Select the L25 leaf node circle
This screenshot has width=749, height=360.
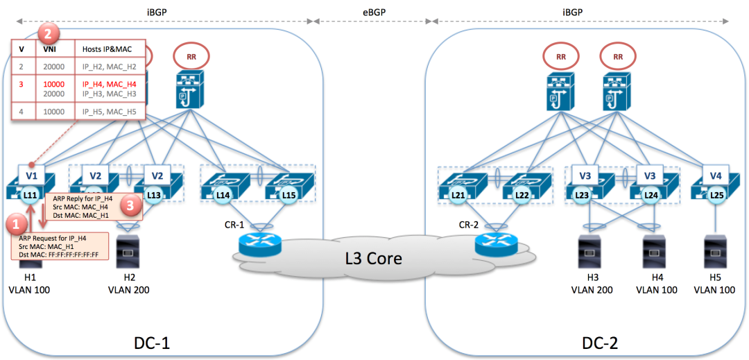pos(717,196)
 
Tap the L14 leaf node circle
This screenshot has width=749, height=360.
pos(223,196)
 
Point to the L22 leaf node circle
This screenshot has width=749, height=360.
pos(524,196)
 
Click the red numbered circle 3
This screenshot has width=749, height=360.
pos(129,204)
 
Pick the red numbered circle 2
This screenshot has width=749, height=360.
pos(47,33)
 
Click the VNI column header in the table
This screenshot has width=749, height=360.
pos(50,49)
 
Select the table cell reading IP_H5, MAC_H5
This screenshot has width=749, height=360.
pos(110,110)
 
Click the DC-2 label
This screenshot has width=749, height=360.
pos(599,343)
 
